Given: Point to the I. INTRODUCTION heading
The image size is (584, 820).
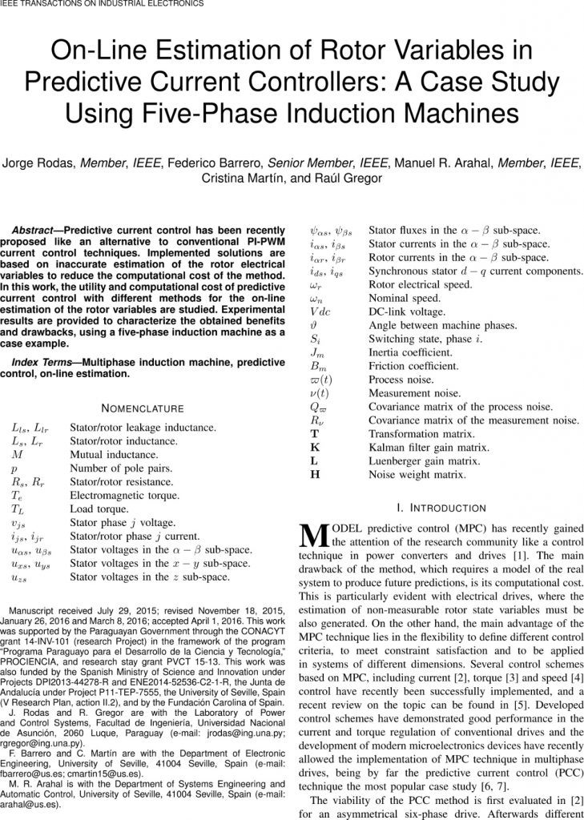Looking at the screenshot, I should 441,508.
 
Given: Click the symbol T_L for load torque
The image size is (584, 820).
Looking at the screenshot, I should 18,509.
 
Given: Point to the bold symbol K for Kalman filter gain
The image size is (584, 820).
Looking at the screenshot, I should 314,448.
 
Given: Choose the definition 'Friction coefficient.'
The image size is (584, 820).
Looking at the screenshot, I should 413,366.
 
